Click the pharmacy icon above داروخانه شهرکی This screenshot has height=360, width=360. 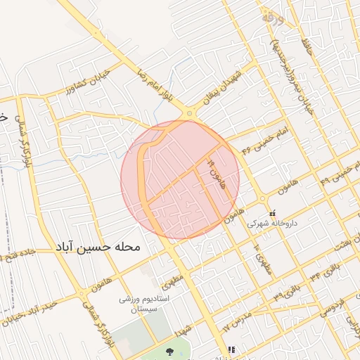click(272, 213)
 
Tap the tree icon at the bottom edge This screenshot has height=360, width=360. click(169, 351)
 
